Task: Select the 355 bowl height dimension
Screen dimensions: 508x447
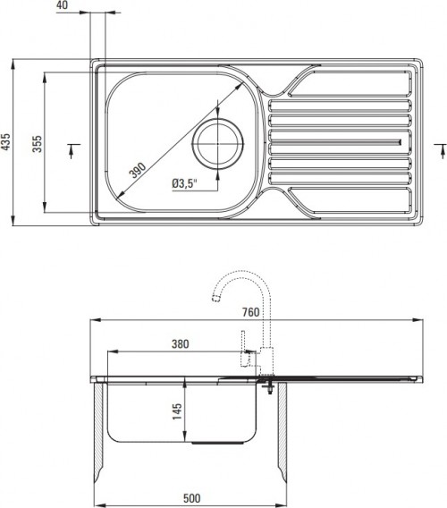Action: tap(37, 143)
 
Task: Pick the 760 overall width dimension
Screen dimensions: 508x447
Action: tap(250, 312)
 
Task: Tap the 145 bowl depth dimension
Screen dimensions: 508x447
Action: tap(177, 411)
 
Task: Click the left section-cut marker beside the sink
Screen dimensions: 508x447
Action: tap(72, 148)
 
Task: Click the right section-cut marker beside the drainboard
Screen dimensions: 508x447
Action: tap(437, 148)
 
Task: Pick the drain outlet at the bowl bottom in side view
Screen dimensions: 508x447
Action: tap(211, 443)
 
